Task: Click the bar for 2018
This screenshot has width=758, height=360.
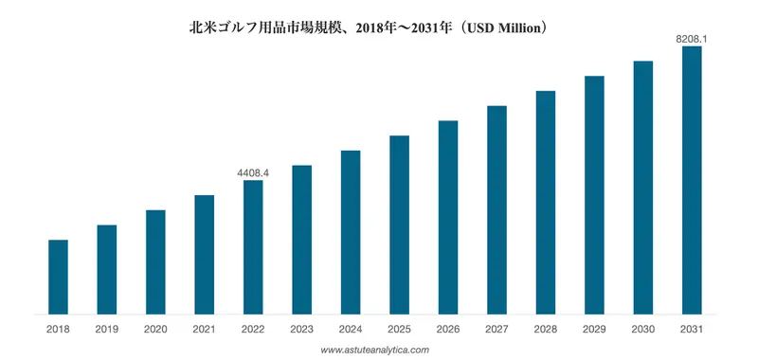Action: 58,276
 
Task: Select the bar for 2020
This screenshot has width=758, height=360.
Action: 155,261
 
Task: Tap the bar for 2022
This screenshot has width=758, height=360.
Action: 253,246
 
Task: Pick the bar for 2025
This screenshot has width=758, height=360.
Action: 399,224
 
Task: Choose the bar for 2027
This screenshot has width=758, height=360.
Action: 496,208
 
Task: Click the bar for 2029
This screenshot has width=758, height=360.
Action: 594,194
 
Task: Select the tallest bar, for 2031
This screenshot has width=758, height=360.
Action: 692,179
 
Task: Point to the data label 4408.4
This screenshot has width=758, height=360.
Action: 253,173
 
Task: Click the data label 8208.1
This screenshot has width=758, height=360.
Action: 692,39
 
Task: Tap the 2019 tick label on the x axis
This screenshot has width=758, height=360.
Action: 107,329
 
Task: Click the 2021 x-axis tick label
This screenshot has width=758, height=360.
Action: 204,329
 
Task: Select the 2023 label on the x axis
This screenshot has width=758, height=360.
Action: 301,329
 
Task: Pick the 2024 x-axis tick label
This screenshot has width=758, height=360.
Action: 351,329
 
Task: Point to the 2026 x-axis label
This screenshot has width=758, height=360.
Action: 448,329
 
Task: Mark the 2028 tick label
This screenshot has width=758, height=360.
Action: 545,329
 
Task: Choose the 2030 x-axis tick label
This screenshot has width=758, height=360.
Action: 642,329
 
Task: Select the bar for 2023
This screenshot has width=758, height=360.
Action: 301,239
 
